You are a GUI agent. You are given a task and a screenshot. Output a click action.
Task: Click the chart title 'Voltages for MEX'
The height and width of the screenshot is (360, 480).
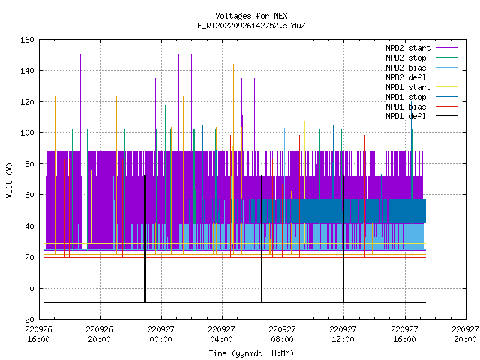tap(251, 16)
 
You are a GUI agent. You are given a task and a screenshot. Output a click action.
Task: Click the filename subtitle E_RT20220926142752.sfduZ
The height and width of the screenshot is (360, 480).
tap(251, 25)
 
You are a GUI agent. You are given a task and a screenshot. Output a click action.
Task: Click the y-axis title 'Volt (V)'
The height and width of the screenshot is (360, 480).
tap(10, 181)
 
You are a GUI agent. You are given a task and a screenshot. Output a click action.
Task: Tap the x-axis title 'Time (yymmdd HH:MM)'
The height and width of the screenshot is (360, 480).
tap(251, 353)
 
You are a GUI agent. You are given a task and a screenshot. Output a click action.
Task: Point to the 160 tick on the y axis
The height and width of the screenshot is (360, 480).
tap(27, 40)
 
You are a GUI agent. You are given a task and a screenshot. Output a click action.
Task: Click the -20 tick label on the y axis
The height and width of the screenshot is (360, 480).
tap(27, 319)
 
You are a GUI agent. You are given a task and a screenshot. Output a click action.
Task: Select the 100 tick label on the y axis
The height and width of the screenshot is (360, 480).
tap(27, 133)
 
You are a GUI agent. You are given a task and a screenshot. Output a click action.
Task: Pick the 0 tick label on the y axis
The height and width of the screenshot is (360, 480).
tap(31, 289)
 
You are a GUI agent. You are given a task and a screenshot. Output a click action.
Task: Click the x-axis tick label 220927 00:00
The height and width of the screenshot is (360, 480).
tap(160, 334)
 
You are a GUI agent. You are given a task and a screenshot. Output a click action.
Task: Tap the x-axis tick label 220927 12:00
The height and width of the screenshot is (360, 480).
tap(343, 334)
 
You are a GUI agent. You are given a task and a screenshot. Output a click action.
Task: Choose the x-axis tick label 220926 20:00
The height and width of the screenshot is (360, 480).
tap(99, 334)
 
